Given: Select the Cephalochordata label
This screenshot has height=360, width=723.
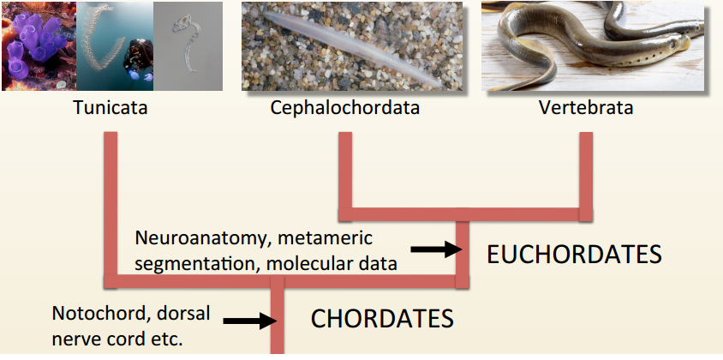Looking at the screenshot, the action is pyautogui.click(x=345, y=109).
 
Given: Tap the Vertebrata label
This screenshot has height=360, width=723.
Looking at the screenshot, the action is pyautogui.click(x=586, y=109).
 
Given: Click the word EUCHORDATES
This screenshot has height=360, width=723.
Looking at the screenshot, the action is pyautogui.click(x=574, y=254).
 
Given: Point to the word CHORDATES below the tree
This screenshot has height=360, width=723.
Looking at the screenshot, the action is pyautogui.click(x=381, y=319).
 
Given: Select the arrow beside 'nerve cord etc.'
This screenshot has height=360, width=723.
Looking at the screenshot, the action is pyautogui.click(x=248, y=321).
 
